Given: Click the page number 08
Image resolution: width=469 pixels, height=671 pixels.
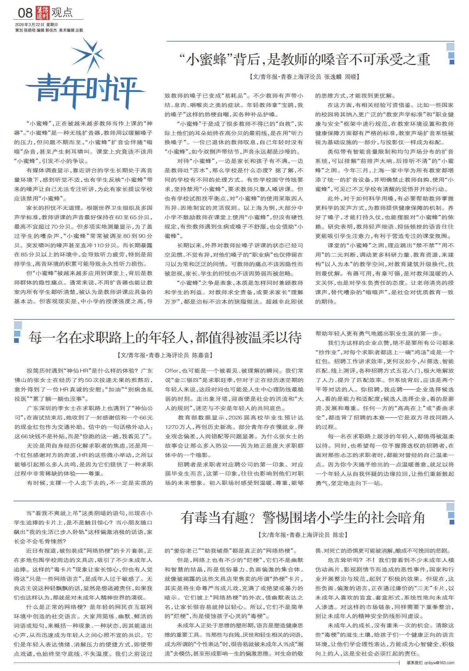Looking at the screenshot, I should point(25,13).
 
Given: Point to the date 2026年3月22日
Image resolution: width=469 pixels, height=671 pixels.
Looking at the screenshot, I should point(29,25).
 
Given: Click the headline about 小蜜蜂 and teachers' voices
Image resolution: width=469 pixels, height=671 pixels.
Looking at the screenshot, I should point(305,59).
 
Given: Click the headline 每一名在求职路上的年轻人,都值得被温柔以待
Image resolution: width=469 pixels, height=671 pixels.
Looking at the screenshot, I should point(165,338).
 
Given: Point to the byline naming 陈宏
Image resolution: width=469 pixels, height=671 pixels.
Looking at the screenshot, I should point(302,535).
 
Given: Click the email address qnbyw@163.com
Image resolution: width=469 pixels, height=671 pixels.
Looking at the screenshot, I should point(439,663).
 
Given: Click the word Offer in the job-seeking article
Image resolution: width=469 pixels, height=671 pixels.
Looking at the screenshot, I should point(172,371).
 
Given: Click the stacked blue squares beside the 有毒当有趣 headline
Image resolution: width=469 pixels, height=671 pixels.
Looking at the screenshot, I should point(451,515).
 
